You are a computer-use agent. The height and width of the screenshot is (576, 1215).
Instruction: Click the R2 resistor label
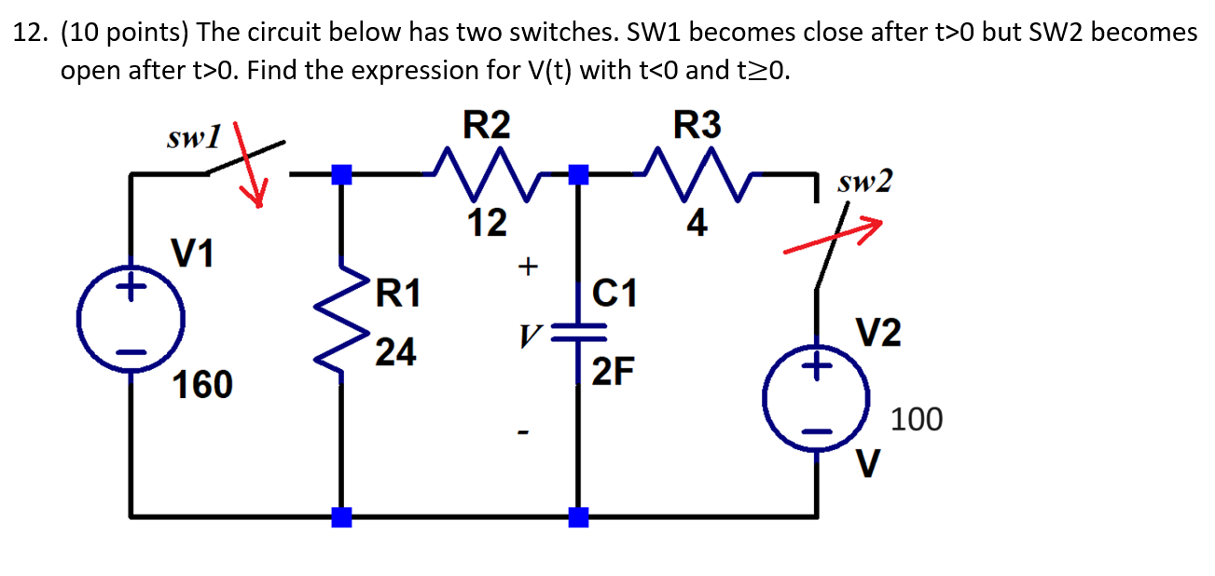487,125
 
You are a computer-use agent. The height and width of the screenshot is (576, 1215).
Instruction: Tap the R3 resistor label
697,125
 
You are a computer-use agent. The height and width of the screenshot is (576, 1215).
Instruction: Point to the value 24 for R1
396,352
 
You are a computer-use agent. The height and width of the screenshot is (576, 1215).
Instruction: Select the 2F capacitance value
615,373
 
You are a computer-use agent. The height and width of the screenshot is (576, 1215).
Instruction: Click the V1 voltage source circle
131,318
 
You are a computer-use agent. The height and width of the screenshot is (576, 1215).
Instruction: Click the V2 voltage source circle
817,399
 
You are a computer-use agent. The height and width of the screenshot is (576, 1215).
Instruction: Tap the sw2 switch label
864,182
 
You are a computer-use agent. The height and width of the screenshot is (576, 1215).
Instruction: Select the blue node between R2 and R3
579,173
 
